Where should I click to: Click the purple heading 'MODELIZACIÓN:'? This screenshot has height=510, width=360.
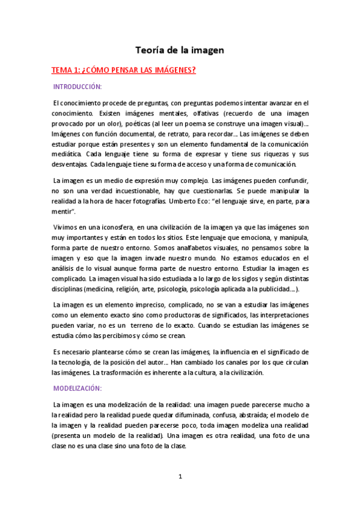click(x=78, y=388)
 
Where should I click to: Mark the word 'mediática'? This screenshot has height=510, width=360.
click(x=66, y=154)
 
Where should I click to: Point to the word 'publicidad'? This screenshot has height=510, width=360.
click(x=276, y=289)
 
